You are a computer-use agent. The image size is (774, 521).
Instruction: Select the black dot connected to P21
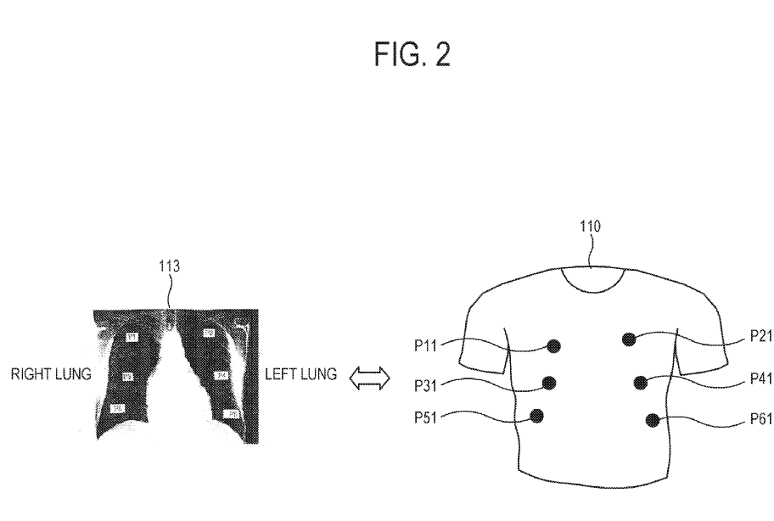pyautogui.click(x=629, y=339)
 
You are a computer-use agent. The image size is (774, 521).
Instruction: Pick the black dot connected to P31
pyautogui.click(x=548, y=383)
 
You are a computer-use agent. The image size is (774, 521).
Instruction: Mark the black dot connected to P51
pyautogui.click(x=537, y=415)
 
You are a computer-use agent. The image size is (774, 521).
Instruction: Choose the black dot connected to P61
pyautogui.click(x=652, y=418)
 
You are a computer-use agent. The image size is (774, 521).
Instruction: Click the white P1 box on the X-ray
pyautogui.click(x=132, y=337)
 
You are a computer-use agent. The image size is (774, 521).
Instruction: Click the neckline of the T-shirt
pyautogui.click(x=597, y=288)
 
